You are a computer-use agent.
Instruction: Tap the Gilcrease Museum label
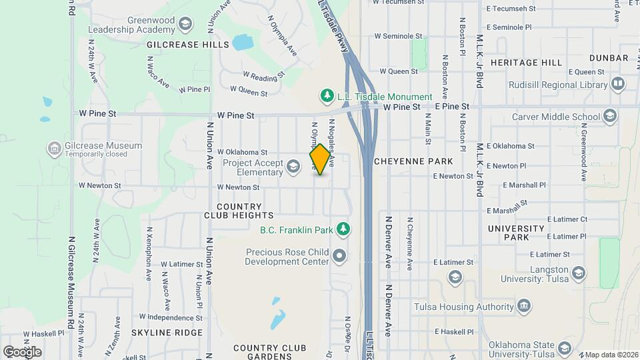tap(103, 145)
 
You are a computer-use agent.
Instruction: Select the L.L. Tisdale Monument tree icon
tap(327, 97)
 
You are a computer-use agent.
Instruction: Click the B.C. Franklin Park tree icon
tap(343, 230)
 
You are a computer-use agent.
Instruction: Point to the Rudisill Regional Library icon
tap(618, 85)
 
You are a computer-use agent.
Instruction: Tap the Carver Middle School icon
tap(609, 117)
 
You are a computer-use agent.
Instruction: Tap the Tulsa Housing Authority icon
tap(525, 307)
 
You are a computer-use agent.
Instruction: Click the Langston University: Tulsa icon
tap(579, 273)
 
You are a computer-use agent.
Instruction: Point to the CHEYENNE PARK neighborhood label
tap(413, 161)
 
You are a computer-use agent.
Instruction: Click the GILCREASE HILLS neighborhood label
tap(188, 45)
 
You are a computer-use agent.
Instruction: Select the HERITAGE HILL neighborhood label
tap(526, 62)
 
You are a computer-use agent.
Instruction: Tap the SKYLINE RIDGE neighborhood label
tap(167, 333)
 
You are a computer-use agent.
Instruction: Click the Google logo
tap(22, 351)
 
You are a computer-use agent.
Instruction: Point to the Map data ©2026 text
tap(610, 355)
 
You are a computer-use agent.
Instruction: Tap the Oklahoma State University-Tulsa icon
tap(565, 349)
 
